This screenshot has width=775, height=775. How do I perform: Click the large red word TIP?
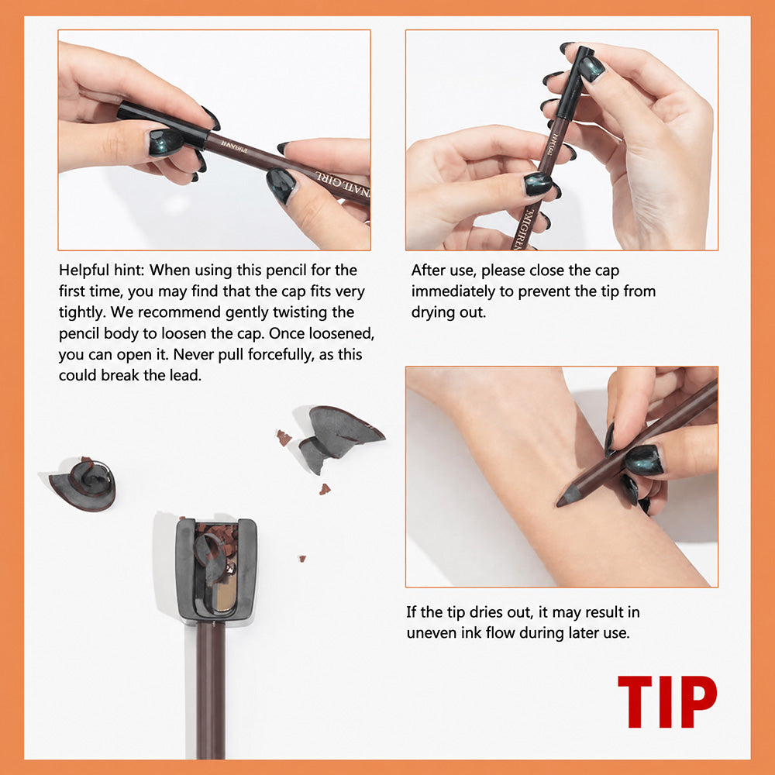(667, 701)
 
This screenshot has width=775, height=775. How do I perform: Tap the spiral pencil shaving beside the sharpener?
(84, 484)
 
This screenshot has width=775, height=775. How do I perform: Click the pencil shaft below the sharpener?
(211, 691)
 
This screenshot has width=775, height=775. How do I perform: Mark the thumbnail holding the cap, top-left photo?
(166, 141)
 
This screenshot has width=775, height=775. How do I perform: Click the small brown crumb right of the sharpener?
(302, 559)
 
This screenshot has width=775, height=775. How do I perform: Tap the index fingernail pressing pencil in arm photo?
(609, 439)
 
